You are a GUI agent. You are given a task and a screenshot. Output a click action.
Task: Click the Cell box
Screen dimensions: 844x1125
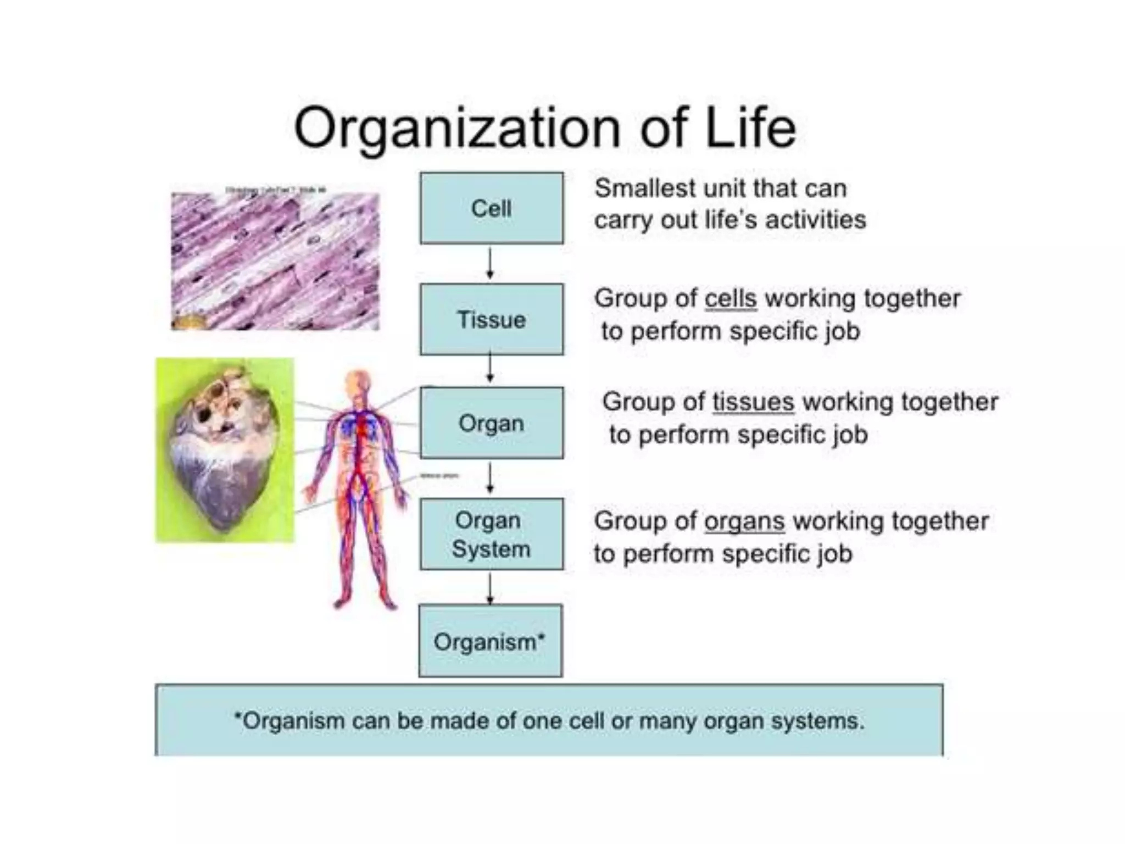pyautogui.click(x=492, y=208)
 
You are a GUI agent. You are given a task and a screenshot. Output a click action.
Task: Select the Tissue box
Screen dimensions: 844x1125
pyautogui.click(x=492, y=319)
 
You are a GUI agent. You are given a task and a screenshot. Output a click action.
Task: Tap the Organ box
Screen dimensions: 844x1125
pyautogui.click(x=492, y=423)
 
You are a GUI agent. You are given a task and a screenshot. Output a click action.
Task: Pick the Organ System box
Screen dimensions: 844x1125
pyautogui.click(x=492, y=534)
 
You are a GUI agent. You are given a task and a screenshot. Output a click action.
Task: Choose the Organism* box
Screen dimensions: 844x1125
pyautogui.click(x=490, y=641)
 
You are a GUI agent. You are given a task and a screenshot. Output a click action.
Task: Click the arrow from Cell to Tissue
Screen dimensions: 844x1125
pyautogui.click(x=490, y=263)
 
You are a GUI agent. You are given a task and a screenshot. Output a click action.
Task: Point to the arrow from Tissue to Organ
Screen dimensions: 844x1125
pyautogui.click(x=490, y=369)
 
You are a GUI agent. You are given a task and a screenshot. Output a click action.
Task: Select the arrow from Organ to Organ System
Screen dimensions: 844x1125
pyautogui.click(x=490, y=478)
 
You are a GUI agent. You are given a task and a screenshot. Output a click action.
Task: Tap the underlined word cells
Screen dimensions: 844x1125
pyautogui.click(x=730, y=299)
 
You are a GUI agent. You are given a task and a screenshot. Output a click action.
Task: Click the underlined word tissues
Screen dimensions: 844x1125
pyautogui.click(x=753, y=402)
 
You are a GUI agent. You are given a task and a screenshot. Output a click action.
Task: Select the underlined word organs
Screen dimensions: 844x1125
pyautogui.click(x=744, y=521)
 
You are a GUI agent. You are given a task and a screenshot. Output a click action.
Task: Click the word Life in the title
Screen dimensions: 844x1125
pyautogui.click(x=750, y=127)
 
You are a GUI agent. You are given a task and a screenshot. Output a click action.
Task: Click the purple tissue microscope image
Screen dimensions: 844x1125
pyautogui.click(x=275, y=261)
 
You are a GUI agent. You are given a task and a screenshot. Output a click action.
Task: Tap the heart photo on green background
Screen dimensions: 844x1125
pyautogui.click(x=225, y=450)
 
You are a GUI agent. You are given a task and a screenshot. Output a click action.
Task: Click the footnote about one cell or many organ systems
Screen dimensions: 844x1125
pyautogui.click(x=549, y=720)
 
